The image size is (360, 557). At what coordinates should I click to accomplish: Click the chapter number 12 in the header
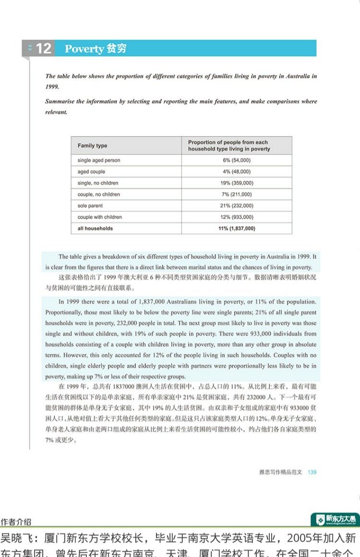(x=43, y=48)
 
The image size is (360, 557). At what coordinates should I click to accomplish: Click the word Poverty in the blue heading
(x=84, y=49)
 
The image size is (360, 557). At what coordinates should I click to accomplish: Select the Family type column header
(x=93, y=146)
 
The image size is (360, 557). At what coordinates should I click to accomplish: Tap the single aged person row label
(x=99, y=160)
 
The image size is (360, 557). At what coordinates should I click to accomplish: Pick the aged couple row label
(x=91, y=172)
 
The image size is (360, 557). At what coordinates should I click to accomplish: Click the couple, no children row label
(x=99, y=194)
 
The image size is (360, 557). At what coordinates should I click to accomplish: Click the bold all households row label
(x=95, y=228)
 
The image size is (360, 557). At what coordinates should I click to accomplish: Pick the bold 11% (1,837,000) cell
(x=237, y=228)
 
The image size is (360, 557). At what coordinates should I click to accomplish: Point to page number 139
(x=312, y=472)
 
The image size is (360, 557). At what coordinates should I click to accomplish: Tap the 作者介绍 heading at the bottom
(x=16, y=521)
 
